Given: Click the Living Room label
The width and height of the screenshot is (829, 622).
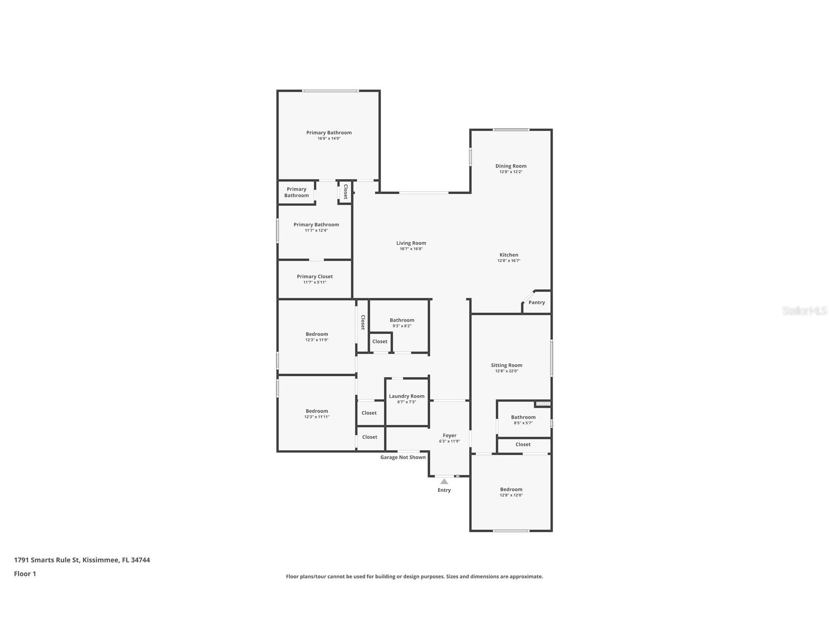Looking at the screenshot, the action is point(411,243).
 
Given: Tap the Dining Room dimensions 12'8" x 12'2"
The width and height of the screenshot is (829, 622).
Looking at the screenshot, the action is point(511,172).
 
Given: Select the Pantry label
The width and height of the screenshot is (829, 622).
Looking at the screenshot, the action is point(536,302).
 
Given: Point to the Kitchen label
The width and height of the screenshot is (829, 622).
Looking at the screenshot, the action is point(509,255).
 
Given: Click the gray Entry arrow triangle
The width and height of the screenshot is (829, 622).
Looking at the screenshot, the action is point(444,481).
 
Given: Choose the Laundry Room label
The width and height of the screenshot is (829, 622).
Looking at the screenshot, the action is point(406,396).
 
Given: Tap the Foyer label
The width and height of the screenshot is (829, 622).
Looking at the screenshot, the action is point(449,435).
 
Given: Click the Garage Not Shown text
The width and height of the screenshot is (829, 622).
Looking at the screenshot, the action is point(403,457).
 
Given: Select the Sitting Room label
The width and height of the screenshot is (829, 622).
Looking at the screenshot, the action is point(507,365).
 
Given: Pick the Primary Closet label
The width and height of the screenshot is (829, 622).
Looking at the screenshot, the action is point(315,276).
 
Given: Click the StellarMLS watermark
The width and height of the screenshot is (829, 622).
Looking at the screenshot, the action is point(805,311).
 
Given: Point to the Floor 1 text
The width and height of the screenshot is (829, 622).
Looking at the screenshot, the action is point(25,574).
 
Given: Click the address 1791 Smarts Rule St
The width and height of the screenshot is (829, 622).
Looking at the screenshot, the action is point(46,560).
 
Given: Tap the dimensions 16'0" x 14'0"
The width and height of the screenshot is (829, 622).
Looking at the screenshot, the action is point(329,138).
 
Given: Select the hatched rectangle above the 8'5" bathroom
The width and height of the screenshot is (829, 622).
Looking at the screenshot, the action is point(543,403).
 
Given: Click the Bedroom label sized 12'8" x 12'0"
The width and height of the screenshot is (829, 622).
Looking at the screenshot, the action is point(511,489).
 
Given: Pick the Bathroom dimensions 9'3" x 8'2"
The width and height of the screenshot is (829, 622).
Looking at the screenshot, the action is point(402,326).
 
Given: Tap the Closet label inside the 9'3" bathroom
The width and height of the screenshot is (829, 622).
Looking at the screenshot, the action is point(380,341).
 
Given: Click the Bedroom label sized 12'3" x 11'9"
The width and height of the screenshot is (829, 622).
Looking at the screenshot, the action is point(317,334).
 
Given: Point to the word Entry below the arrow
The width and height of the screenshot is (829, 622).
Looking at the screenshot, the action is point(444,490).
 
